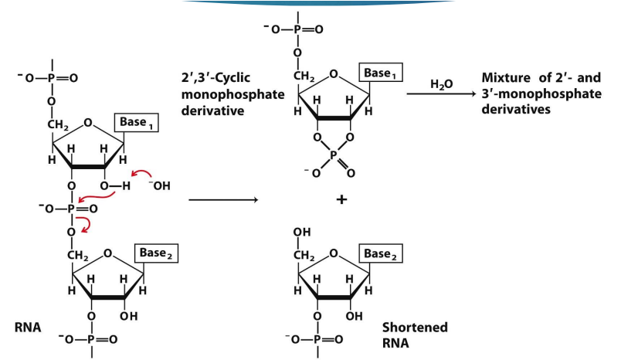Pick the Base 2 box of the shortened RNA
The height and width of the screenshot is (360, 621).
pos(386,254)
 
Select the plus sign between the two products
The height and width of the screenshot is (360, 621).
pos(341,200)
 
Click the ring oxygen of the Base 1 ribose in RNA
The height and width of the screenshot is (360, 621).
pos(89,122)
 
